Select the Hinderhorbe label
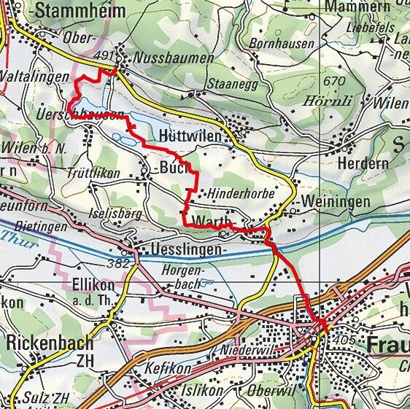241,195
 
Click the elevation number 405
344,340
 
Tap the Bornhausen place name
282,44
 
